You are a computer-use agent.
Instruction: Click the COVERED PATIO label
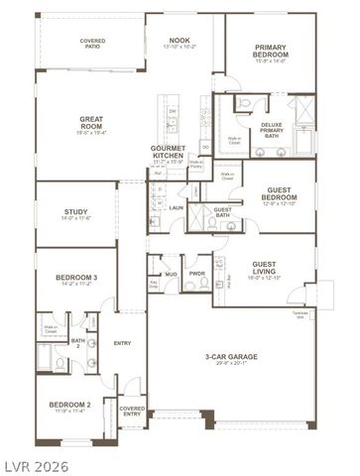pos(92,43)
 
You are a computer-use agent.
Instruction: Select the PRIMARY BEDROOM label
pos(270,51)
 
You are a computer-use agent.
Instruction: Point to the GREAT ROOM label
pos(92,120)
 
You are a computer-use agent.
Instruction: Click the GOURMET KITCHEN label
pos(169,150)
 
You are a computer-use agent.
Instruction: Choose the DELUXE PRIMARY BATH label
pos(272,129)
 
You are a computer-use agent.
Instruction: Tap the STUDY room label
pos(76,211)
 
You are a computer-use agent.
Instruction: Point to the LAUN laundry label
pos(176,207)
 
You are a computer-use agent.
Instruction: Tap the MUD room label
pos(171,273)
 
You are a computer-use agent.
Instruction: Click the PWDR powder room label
pos(197,273)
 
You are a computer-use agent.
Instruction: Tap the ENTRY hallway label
pos(122,343)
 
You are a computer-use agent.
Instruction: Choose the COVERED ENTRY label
pos(132,410)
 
